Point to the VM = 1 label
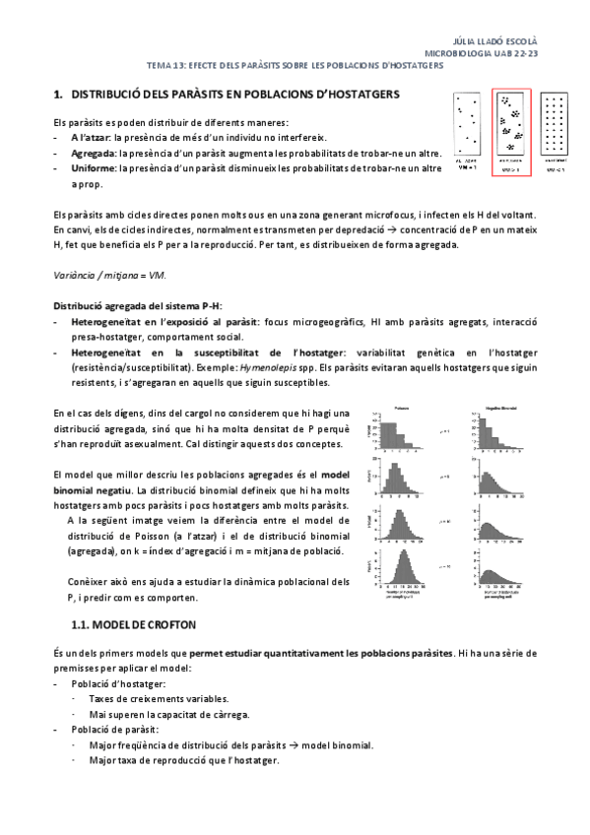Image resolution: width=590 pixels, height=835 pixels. (x=466, y=168)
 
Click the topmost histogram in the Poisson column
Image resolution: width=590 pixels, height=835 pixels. (x=403, y=431)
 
